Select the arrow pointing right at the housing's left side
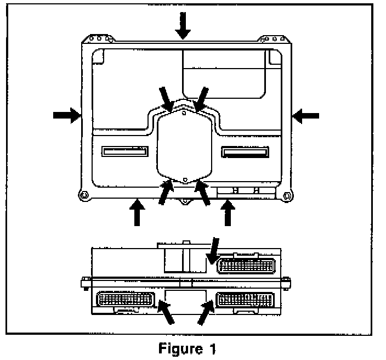click(x=66, y=115)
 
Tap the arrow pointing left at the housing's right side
click(x=305, y=115)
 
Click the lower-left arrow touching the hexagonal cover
click(x=166, y=193)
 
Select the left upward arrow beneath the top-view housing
click(x=137, y=213)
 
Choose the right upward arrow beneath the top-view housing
click(x=229, y=213)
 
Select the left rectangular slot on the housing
click(x=124, y=151)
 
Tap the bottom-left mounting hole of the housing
click(x=83, y=194)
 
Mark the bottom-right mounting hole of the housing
click(x=285, y=194)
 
